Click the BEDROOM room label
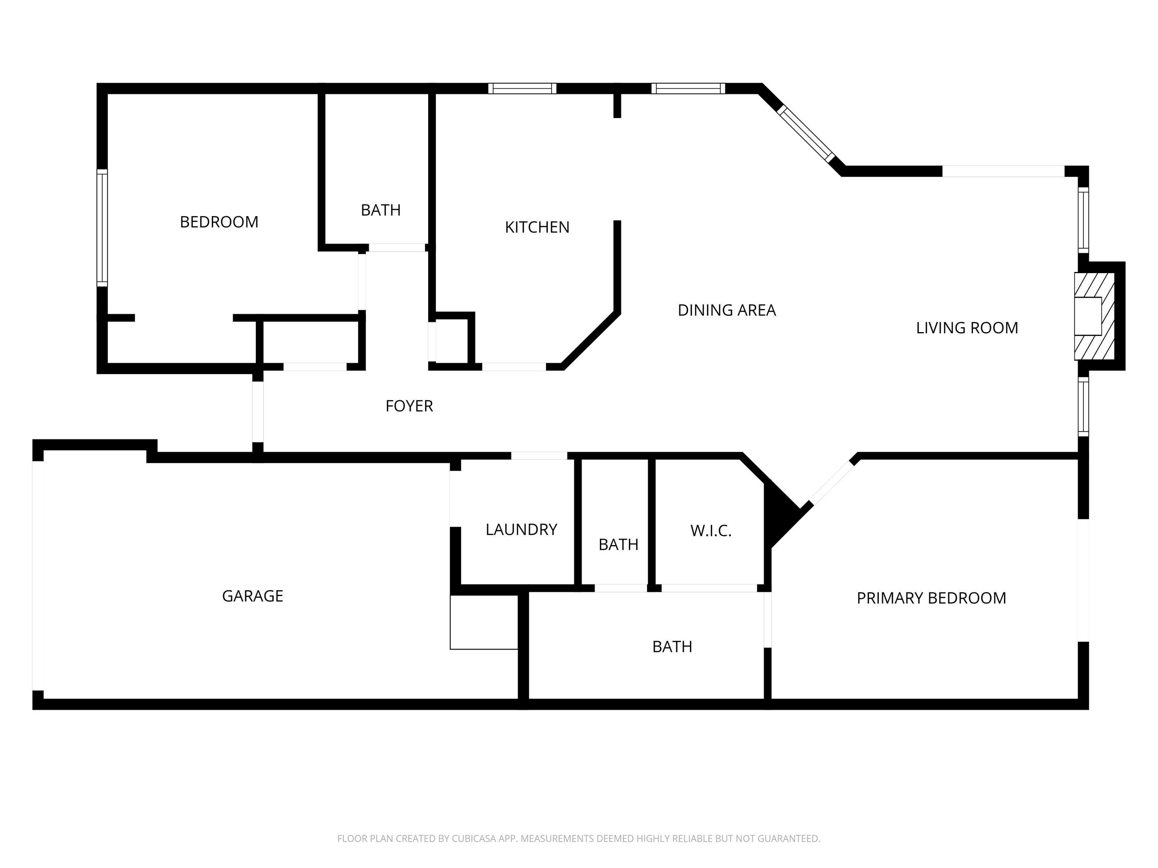click(219, 222)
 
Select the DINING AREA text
click(726, 310)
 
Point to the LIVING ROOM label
click(967, 328)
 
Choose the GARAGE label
click(252, 596)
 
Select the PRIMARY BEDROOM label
click(931, 598)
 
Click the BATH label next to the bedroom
click(381, 210)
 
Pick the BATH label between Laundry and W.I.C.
click(618, 545)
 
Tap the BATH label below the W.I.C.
click(672, 647)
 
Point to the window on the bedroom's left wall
click(102, 228)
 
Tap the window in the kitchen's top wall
click(522, 88)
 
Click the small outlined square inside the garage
click(484, 622)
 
